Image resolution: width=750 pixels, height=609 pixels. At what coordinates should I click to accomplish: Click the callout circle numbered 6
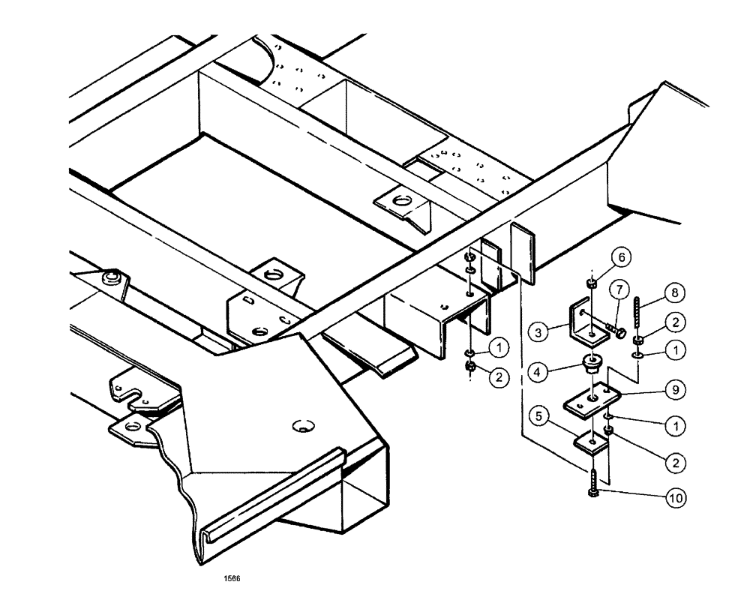(x=624, y=257)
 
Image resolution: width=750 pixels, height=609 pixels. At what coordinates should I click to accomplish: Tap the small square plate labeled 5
(x=592, y=443)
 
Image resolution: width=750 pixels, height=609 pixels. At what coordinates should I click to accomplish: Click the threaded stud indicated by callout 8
(x=639, y=314)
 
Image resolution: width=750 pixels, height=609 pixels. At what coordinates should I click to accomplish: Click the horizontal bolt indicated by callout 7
(x=616, y=328)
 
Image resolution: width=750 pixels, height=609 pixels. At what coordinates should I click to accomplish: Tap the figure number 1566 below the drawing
(x=232, y=578)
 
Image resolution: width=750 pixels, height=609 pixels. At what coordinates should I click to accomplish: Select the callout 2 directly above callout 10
(x=676, y=462)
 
